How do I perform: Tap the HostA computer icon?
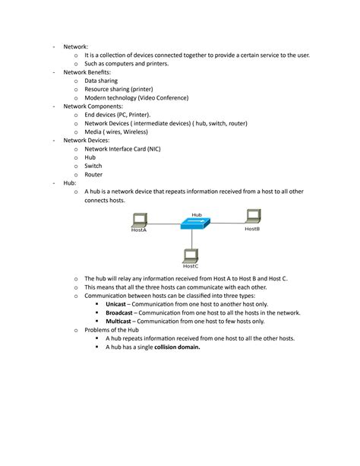[139, 220]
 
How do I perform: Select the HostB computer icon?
[252, 218]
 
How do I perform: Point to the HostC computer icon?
[191, 255]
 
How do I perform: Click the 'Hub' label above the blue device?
[197, 214]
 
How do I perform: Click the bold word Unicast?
[115, 304]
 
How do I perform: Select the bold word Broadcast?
[119, 312]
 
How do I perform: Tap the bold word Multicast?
[118, 322]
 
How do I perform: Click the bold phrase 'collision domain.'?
[177, 347]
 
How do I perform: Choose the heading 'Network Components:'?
[92, 106]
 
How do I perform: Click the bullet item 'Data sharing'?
[101, 81]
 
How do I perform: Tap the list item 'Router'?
[95, 175]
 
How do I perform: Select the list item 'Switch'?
[93, 166]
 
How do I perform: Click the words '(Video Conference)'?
[163, 98]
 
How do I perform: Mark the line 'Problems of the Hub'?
[111, 330]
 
